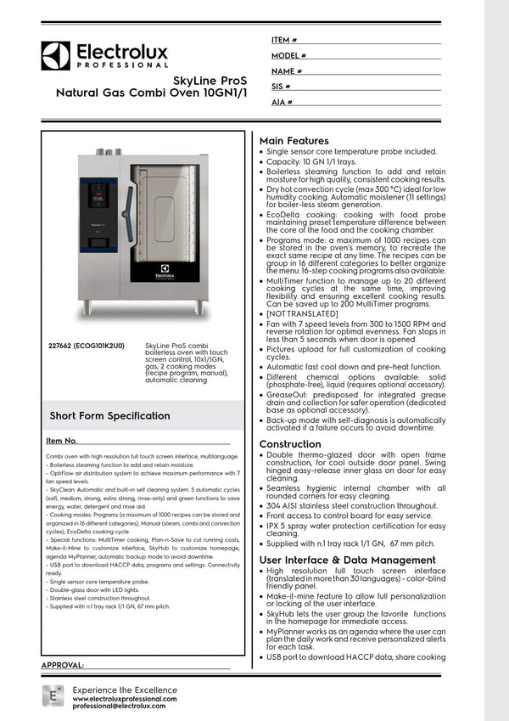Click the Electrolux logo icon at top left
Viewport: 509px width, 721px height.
point(56,55)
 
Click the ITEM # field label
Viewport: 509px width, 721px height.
point(284,40)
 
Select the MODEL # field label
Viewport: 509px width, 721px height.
point(288,55)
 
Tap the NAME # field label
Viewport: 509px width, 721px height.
point(287,71)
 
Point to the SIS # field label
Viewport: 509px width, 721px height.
point(281,87)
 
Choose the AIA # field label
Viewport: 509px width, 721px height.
point(282,102)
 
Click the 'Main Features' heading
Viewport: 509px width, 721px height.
point(294,141)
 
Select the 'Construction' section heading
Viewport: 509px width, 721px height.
point(290,444)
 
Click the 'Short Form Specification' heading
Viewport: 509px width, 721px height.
point(109,415)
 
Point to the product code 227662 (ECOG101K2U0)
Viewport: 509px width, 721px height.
point(87,346)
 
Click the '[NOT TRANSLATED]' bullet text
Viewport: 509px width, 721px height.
point(306,314)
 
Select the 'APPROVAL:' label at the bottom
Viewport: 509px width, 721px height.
point(63,665)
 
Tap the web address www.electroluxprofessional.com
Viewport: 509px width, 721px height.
point(125,698)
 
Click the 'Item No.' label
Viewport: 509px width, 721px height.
point(62,441)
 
